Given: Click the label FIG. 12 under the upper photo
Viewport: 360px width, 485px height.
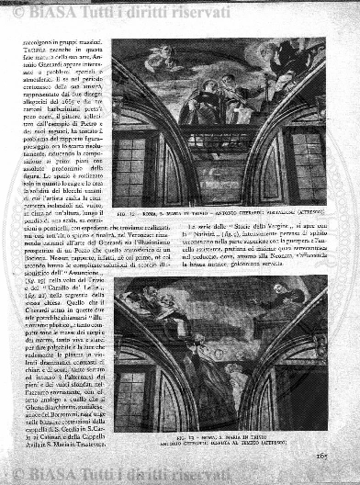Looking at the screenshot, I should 127,215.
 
